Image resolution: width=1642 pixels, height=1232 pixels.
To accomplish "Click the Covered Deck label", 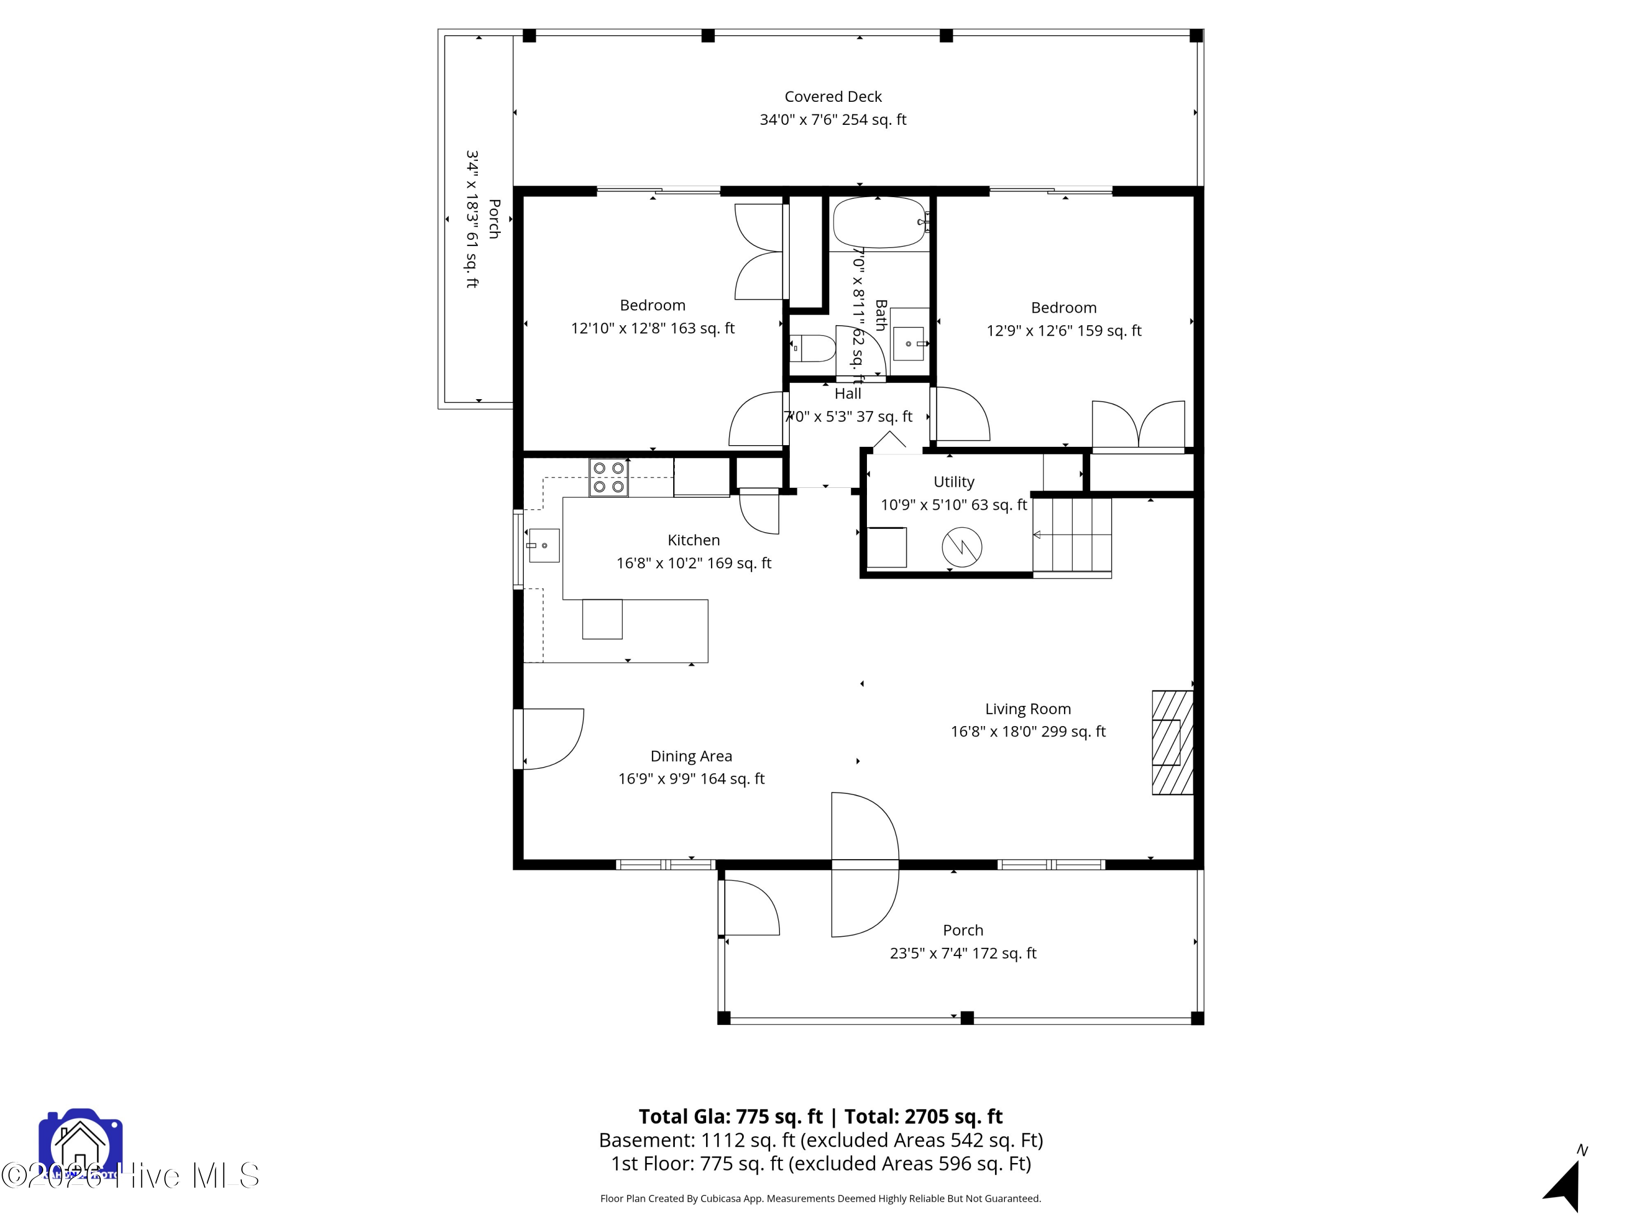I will [833, 96].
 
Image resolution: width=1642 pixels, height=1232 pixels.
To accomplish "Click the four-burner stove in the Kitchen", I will [609, 477].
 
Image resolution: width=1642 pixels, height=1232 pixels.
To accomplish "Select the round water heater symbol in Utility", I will [962, 548].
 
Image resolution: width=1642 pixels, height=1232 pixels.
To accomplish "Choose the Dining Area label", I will [691, 756].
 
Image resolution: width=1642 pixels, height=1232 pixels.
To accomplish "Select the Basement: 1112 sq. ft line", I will [820, 1140].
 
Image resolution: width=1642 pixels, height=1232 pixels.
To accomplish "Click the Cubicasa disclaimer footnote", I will [820, 1198].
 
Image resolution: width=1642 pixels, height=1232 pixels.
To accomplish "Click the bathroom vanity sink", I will [909, 344].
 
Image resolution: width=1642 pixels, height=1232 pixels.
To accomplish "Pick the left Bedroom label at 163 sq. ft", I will [652, 305].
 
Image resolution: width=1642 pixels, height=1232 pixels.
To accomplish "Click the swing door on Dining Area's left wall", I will [553, 739].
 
